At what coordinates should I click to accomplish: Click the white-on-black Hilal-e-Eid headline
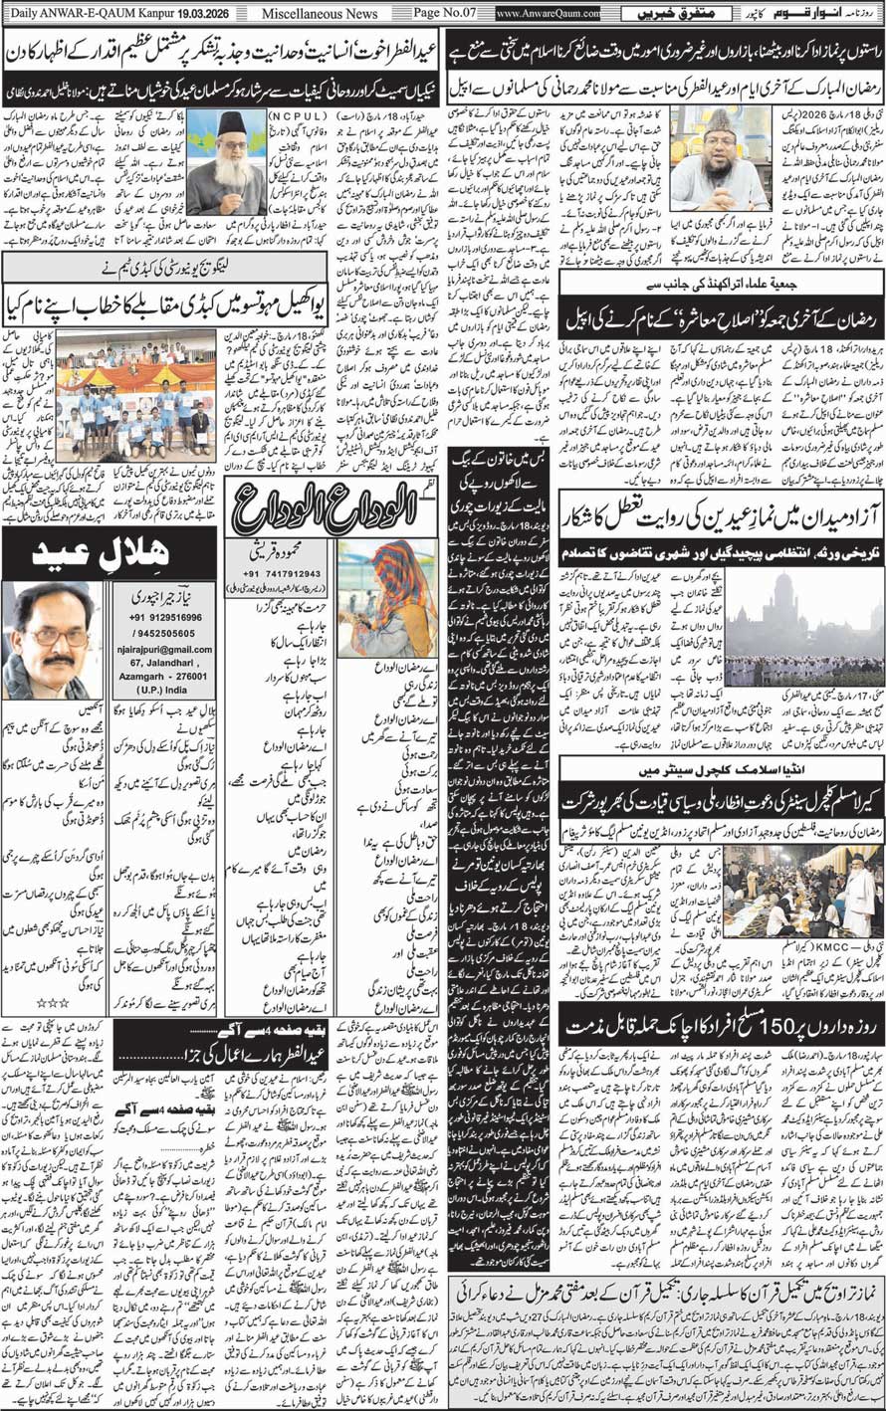click(x=109, y=553)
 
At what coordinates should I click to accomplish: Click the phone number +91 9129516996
click(x=158, y=617)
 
